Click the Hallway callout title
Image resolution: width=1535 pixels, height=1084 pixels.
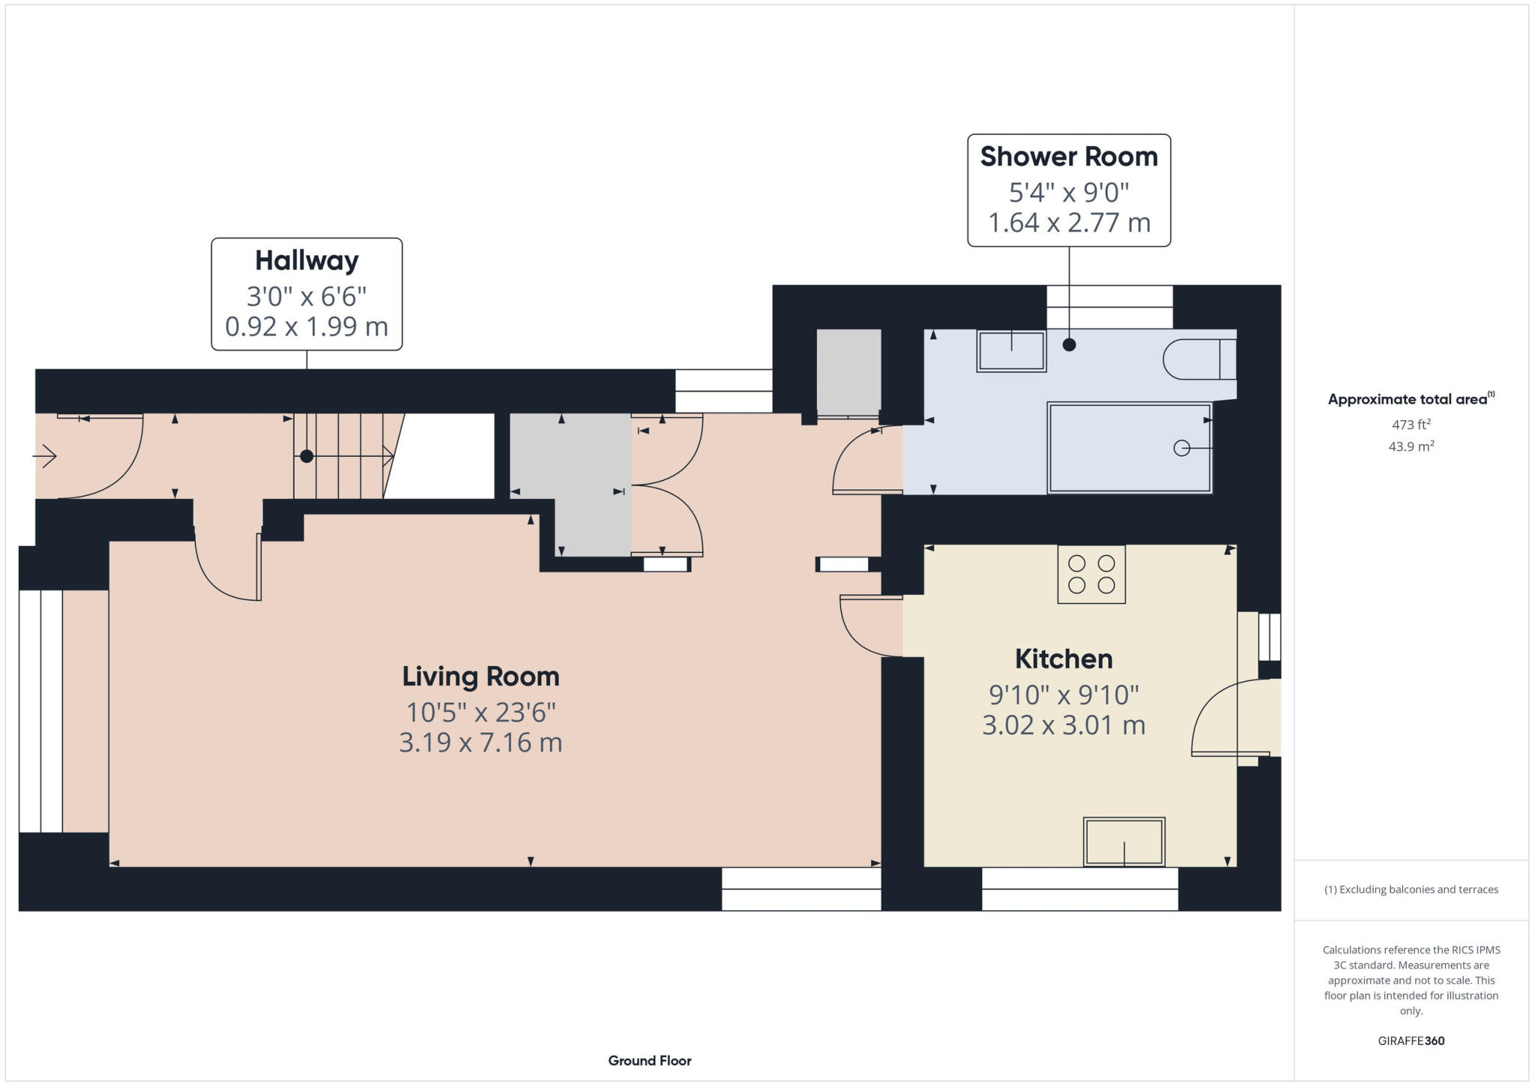[x=307, y=261]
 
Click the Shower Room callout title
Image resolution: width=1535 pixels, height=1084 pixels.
[x=1069, y=157]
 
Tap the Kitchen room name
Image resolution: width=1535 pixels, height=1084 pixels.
[x=1064, y=659]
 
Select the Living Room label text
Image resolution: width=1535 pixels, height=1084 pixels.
[x=480, y=676]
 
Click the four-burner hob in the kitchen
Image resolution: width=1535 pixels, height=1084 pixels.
[x=1091, y=575]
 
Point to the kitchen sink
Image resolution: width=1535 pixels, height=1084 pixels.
[x=1124, y=842]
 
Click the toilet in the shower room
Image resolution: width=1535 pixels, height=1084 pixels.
[x=1198, y=360]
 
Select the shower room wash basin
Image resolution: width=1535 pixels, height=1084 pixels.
[x=1011, y=351]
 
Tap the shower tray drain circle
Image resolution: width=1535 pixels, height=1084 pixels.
[x=1181, y=448]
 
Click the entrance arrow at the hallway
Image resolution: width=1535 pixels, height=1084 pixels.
[x=46, y=455]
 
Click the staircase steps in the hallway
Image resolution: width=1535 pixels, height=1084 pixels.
[x=341, y=455]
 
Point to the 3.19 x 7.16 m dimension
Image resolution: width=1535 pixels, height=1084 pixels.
[x=480, y=742]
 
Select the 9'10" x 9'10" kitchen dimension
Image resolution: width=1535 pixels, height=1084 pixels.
[x=1064, y=695]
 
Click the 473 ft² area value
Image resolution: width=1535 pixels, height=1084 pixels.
[x=1411, y=425]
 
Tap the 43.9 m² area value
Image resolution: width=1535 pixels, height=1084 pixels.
[x=1411, y=446]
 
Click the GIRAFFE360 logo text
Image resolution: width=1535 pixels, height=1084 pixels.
[x=1411, y=1041]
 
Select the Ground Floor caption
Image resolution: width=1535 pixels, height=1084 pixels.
[x=650, y=1061]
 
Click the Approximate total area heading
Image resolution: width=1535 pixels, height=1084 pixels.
[x=1407, y=399]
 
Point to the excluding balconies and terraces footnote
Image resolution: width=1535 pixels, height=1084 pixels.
[x=1411, y=890]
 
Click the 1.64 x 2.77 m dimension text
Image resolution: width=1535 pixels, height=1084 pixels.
[x=1069, y=222]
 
